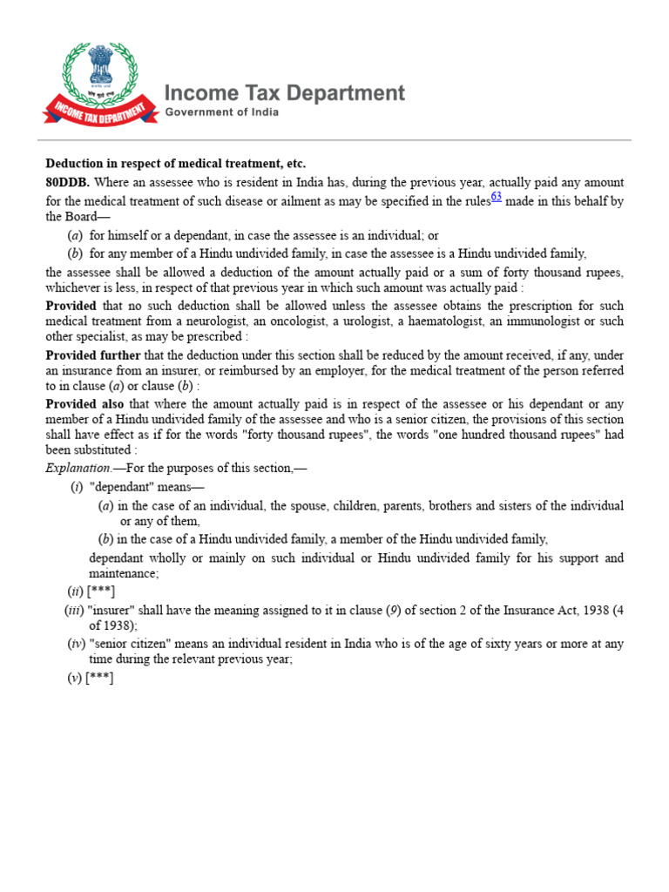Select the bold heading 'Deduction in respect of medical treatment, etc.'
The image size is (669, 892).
176,164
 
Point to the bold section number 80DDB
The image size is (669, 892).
67,183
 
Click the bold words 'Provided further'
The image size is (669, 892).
93,355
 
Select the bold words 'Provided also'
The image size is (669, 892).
84,404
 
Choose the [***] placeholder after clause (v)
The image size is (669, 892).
99,678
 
